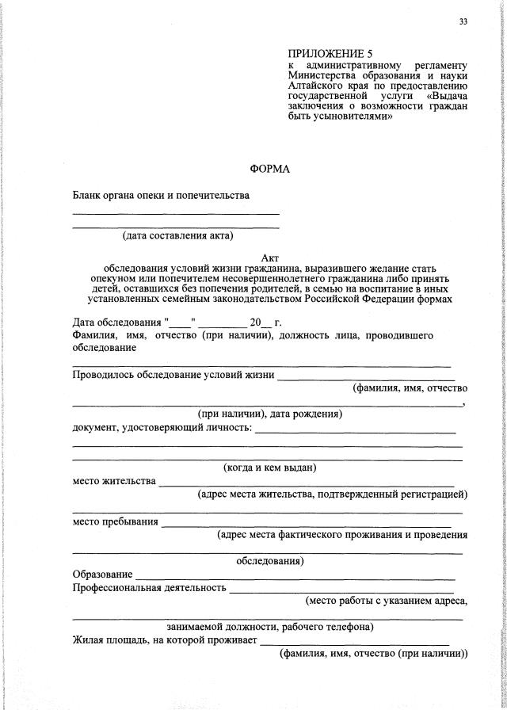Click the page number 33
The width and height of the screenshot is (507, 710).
coord(463,21)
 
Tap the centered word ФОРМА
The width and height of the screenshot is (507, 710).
coord(270,169)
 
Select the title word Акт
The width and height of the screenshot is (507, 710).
coord(270,258)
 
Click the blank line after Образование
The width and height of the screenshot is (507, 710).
coord(295,575)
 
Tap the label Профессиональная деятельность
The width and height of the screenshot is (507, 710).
coord(149,589)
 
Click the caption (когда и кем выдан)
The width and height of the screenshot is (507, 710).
coord(270,467)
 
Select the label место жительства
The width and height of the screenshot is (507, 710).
coord(114,481)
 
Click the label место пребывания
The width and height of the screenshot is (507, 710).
coord(115,521)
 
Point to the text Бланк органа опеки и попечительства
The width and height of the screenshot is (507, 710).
coord(161,195)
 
